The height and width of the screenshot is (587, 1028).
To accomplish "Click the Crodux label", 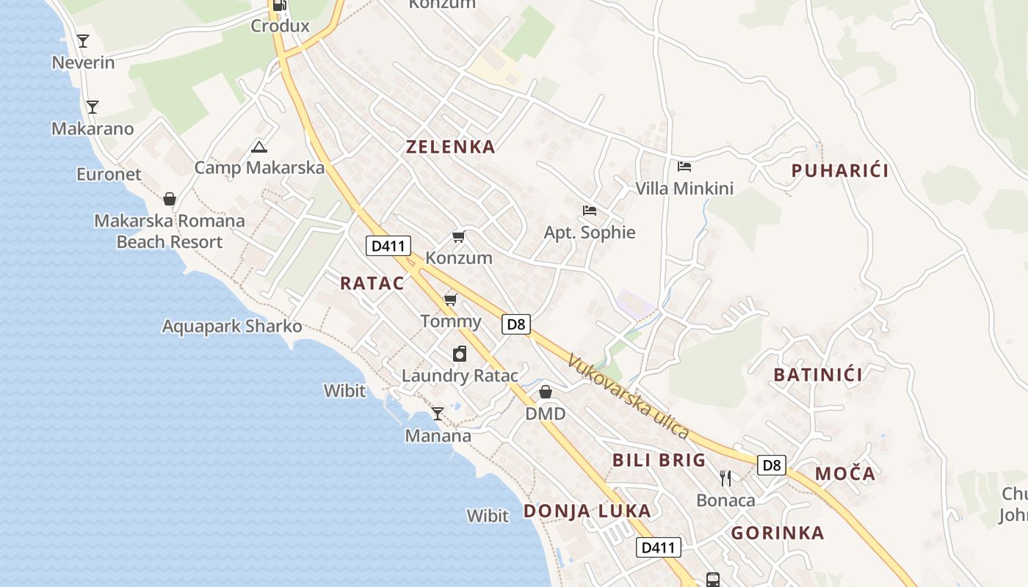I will (280, 26).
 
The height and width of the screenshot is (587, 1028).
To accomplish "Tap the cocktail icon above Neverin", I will (83, 41).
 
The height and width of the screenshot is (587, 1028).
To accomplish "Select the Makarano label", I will (93, 129).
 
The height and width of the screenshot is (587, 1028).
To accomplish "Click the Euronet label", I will (109, 175).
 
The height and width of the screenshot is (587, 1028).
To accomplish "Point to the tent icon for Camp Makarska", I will (258, 147).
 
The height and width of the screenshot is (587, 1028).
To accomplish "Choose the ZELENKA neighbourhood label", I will (451, 147).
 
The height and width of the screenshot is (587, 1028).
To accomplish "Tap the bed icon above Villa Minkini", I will (684, 167).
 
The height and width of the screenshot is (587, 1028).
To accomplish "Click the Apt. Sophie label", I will (590, 233).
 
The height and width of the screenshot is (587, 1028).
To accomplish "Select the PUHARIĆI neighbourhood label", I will (840, 171).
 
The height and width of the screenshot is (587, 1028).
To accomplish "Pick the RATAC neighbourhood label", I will (372, 283).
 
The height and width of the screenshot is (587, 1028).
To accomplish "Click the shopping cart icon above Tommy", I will (451, 299).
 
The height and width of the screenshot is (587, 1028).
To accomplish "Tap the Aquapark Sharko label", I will (232, 327).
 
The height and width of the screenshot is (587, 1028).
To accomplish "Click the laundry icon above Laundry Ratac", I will (460, 354).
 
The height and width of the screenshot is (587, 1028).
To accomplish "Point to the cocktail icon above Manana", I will (438, 414).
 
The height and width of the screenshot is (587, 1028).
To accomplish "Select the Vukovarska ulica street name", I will (628, 396).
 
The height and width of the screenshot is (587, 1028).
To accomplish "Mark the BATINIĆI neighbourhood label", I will (818, 375).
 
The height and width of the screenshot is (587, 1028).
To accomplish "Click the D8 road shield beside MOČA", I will (771, 465).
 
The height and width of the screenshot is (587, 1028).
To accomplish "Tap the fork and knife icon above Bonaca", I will (725, 478).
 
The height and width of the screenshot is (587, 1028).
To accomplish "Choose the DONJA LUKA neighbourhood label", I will (587, 511).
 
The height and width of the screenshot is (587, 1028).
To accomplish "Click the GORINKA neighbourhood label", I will (778, 533).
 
